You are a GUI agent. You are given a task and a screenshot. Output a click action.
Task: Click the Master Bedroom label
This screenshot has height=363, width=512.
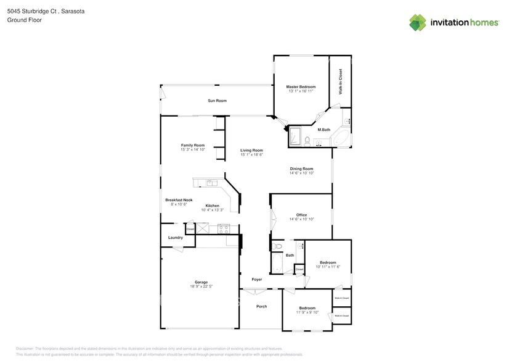tap(301, 87)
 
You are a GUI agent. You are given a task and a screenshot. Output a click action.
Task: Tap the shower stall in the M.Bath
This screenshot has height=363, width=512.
tap(295, 135)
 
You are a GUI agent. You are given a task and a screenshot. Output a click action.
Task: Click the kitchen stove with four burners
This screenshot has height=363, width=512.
tap(223, 229)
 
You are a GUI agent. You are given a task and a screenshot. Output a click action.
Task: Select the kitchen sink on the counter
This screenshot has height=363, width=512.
tap(211, 182)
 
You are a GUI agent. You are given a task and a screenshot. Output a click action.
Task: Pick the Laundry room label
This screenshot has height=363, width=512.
tap(175, 238)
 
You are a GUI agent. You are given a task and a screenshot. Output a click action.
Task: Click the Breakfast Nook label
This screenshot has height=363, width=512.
tap(179, 200)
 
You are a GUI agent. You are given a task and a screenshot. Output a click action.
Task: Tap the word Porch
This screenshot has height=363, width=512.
tap(261, 306)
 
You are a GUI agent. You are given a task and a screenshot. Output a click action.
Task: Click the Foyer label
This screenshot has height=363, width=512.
tap(257, 280)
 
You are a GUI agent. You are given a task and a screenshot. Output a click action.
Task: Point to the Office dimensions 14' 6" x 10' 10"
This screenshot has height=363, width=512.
tap(301, 219)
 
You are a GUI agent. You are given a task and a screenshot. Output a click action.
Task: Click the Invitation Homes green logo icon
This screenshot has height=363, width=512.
tap(418, 23)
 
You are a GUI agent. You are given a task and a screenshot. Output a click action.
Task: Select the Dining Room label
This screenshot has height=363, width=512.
tap(302, 169)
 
